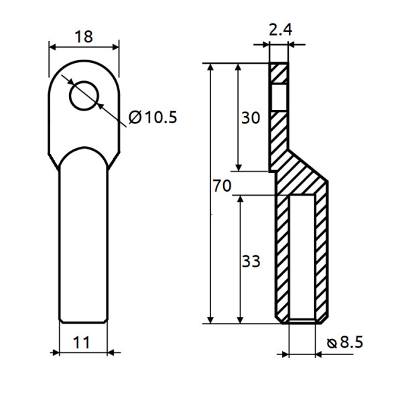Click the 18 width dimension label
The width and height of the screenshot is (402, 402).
point(84,36)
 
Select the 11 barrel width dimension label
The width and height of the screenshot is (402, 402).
point(81,342)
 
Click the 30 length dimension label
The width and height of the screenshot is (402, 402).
point(250,118)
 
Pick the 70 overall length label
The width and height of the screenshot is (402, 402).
point(222,186)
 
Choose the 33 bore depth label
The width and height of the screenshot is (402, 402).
point(250,261)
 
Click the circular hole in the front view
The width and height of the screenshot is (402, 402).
point(84,94)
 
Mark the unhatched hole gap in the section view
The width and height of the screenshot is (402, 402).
point(279,97)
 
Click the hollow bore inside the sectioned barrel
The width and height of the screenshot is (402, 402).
point(301,258)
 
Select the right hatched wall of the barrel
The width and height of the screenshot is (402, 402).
point(322,258)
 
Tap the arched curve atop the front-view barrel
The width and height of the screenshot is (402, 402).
point(83,149)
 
